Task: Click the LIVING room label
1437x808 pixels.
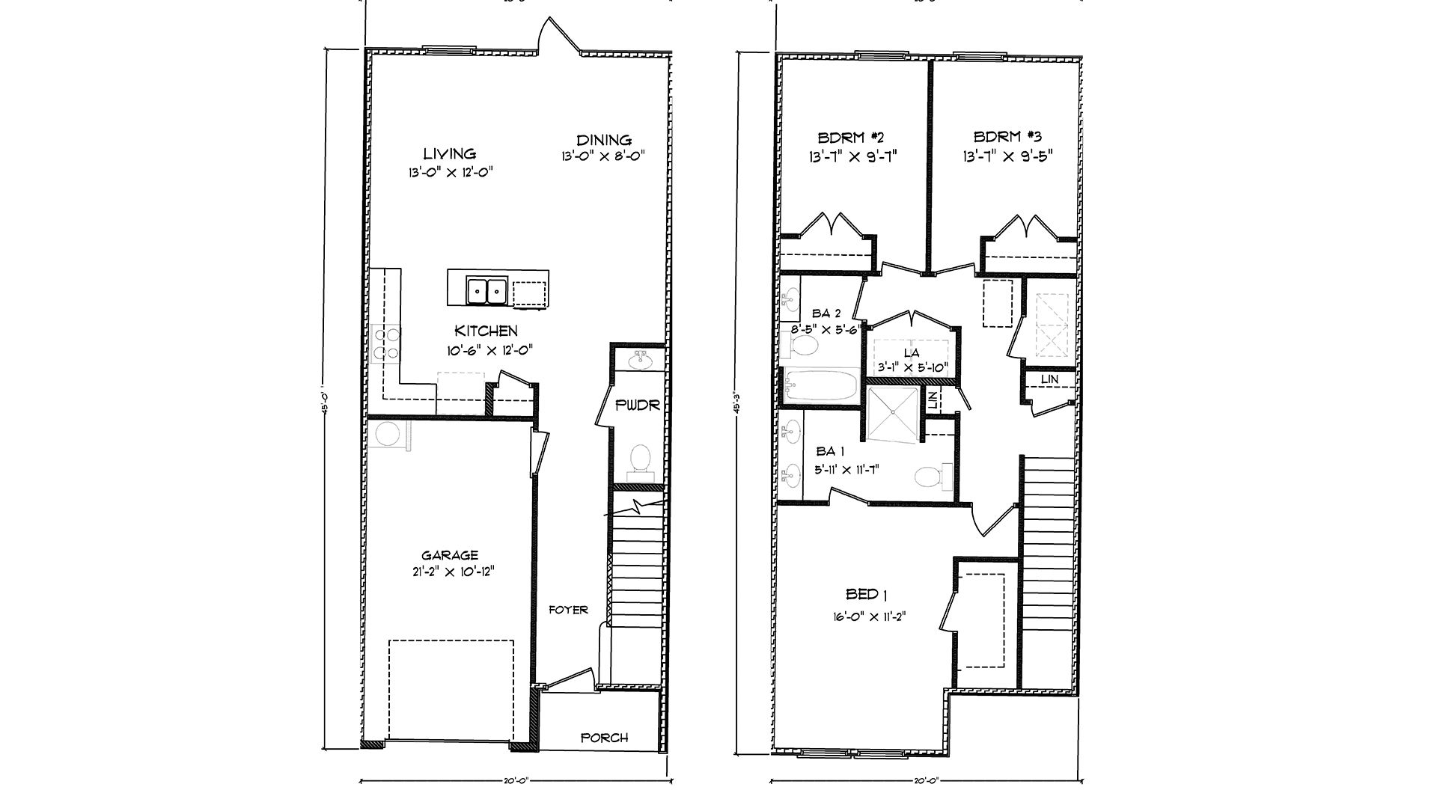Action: click(449, 153)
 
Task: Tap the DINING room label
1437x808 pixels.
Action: click(603, 140)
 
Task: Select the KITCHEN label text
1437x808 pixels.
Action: click(486, 331)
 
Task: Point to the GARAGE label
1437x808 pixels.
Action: click(449, 555)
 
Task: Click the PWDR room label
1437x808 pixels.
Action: click(637, 405)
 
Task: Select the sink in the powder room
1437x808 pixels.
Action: click(641, 361)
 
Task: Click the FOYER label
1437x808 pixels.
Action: click(568, 610)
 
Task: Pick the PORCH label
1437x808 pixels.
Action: click(604, 738)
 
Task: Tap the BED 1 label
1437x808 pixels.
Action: click(866, 595)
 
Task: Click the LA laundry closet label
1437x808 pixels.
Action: click(911, 352)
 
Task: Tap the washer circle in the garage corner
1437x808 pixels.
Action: click(388, 434)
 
